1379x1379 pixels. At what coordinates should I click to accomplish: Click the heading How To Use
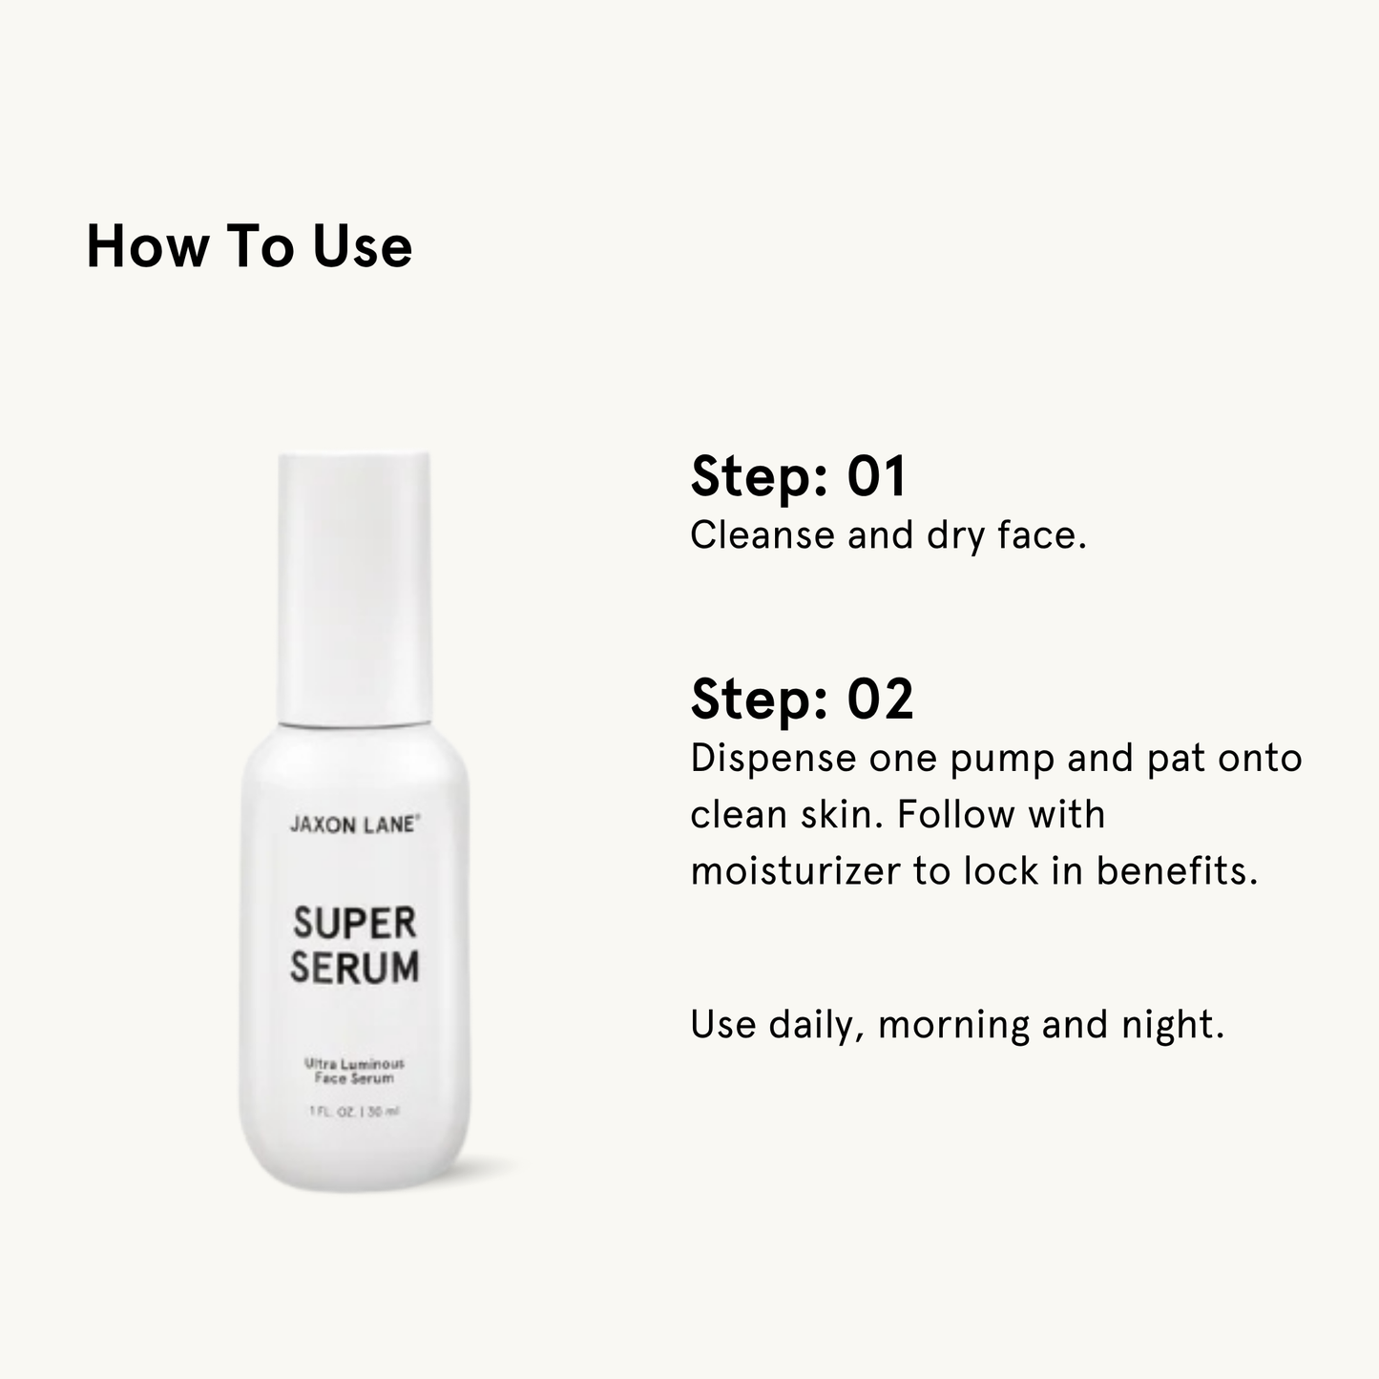tap(249, 247)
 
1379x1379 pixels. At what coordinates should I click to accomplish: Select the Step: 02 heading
tap(802, 700)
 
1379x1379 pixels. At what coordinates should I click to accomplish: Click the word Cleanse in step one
tap(762, 535)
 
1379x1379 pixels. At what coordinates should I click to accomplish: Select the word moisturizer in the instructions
tap(795, 870)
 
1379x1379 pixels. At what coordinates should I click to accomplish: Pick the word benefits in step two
tap(1176, 870)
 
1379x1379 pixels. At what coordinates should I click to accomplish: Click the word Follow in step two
tap(955, 815)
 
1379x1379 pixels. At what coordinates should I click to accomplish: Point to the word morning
tap(953, 1025)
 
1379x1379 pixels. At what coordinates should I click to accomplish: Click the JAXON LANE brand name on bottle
tap(354, 825)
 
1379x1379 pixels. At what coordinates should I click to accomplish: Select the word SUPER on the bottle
tap(354, 924)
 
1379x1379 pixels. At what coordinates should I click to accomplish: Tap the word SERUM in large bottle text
tap(354, 968)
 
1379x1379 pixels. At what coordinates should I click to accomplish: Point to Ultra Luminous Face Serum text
tap(354, 1071)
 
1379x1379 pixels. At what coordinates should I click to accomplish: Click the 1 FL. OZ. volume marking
tap(332, 1112)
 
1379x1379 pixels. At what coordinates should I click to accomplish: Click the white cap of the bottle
tap(354, 587)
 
